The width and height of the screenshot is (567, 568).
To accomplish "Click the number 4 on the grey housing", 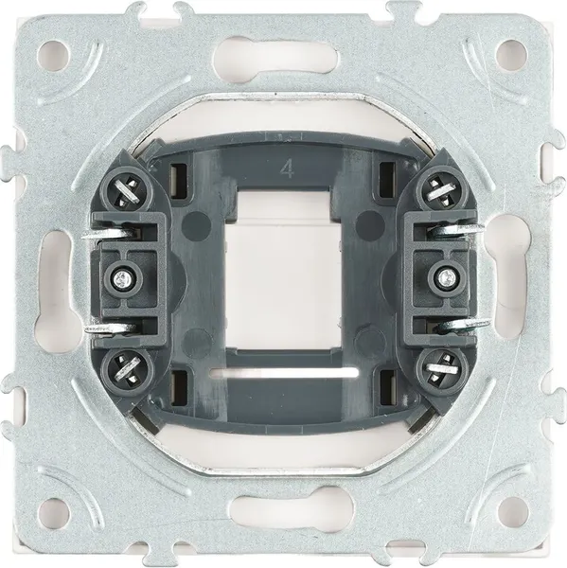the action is pos(288,169).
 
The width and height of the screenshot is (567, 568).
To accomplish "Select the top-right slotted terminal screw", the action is pos(442,188).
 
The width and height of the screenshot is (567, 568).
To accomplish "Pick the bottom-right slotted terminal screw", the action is pos(442,370).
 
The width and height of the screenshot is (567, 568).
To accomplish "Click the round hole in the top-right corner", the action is pos(511,54).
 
